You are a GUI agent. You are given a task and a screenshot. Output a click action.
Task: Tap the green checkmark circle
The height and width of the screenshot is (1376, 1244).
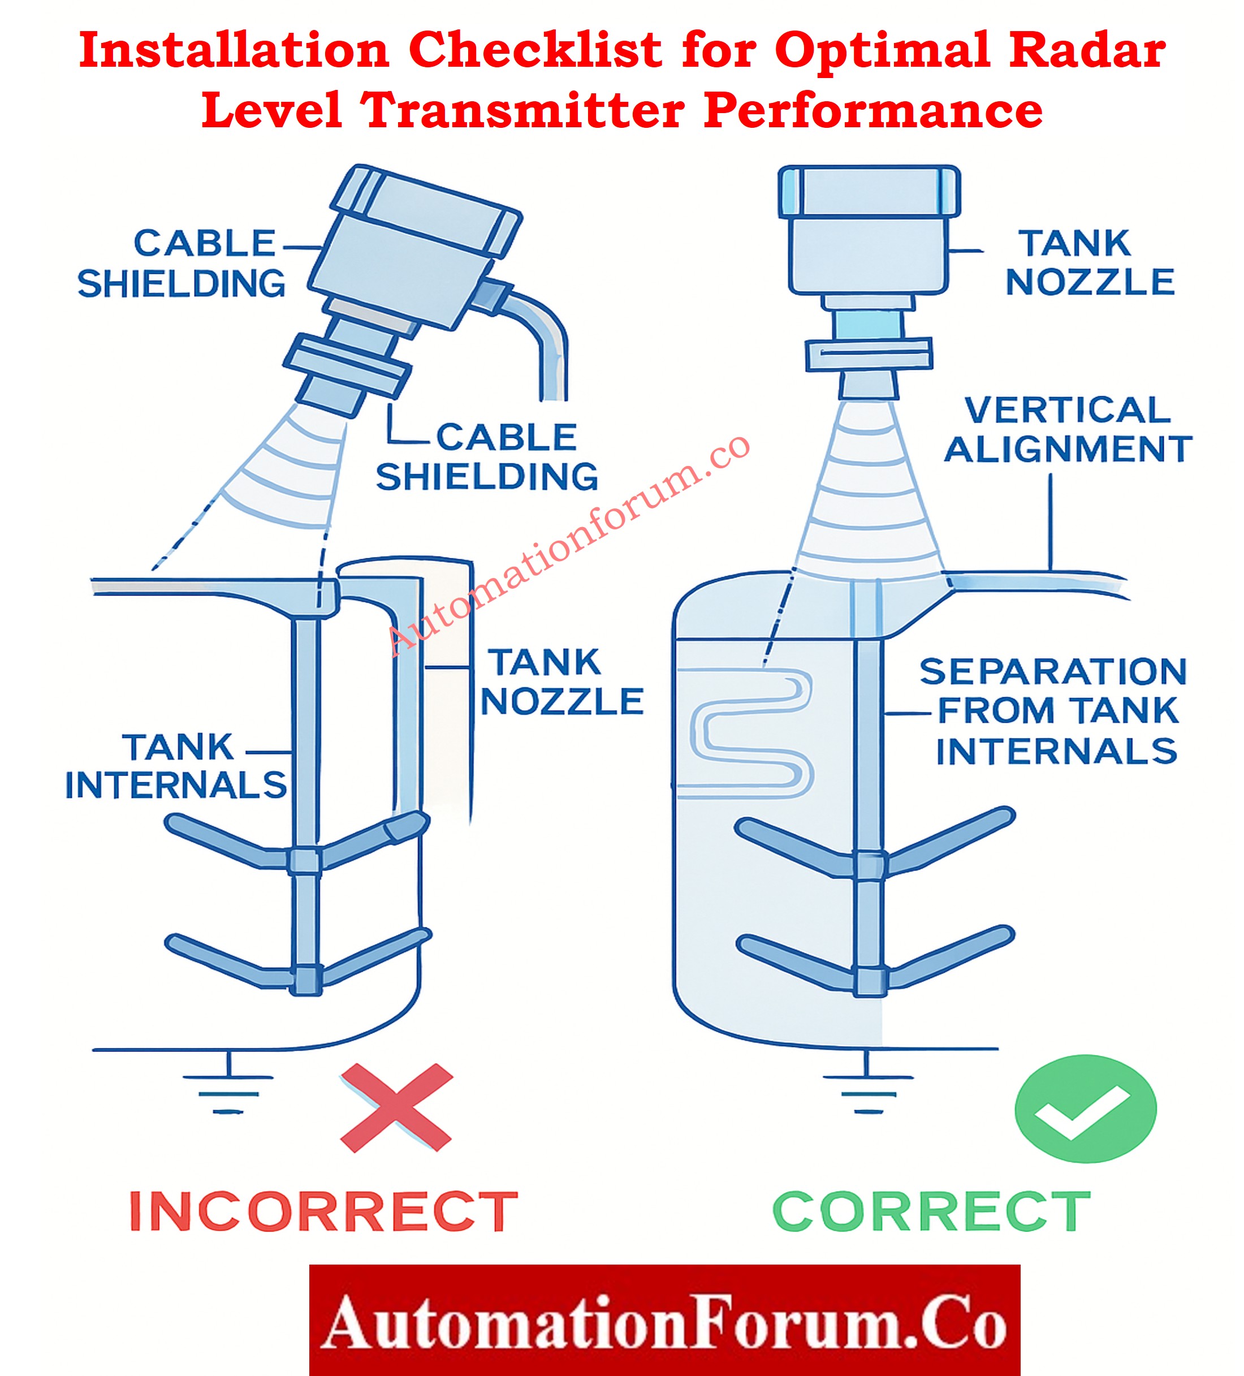click(1085, 1108)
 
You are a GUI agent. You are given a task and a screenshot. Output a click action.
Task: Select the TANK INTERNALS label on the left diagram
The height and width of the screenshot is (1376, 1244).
click(176, 766)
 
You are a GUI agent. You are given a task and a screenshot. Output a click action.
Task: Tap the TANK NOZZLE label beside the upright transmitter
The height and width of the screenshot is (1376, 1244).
click(1089, 263)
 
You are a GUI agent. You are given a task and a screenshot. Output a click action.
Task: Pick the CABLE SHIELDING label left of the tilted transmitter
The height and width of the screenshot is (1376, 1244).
click(182, 264)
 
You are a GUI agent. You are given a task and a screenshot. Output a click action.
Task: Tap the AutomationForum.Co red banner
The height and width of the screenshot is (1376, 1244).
click(664, 1320)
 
